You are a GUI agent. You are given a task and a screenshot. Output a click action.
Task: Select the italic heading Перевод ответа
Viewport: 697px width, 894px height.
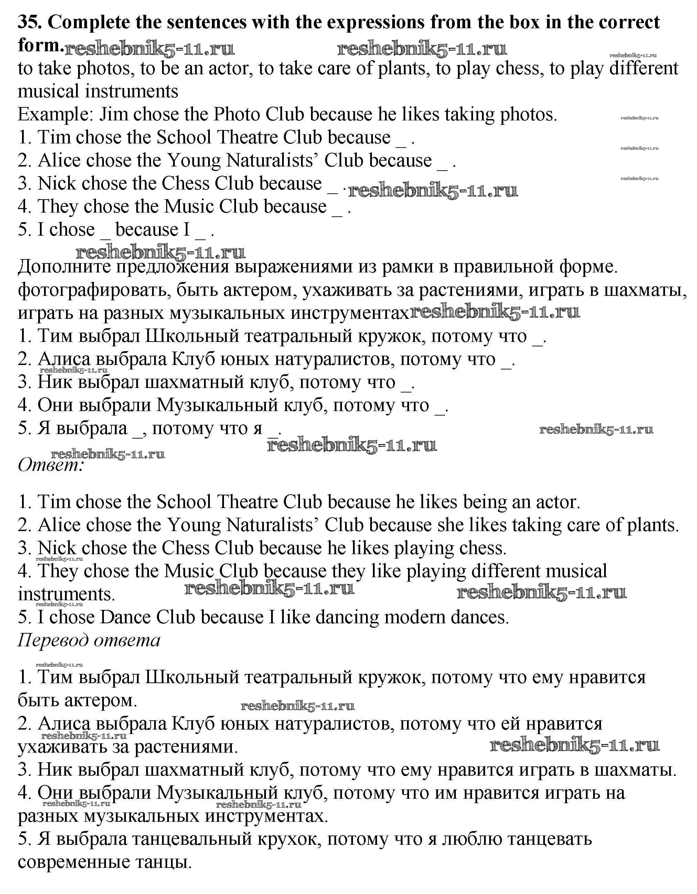89,640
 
